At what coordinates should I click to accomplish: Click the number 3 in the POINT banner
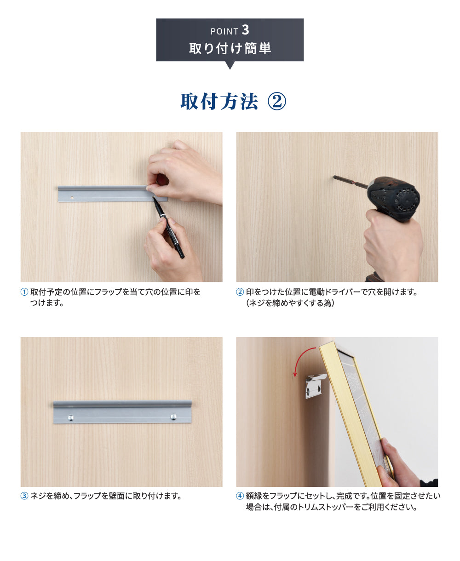click(x=245, y=30)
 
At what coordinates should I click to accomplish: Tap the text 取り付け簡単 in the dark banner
click(x=230, y=48)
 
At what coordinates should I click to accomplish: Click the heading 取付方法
click(x=219, y=102)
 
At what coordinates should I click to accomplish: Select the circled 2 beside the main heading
click(x=277, y=102)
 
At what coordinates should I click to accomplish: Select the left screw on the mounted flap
click(x=70, y=418)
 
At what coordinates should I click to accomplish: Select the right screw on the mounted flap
click(x=173, y=417)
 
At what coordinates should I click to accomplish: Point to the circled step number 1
click(x=24, y=292)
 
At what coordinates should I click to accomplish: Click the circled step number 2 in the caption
click(x=240, y=292)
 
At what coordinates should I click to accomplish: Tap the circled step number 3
click(x=24, y=496)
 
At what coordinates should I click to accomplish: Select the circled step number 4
click(x=240, y=496)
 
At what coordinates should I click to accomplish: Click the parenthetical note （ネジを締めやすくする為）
click(x=290, y=303)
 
